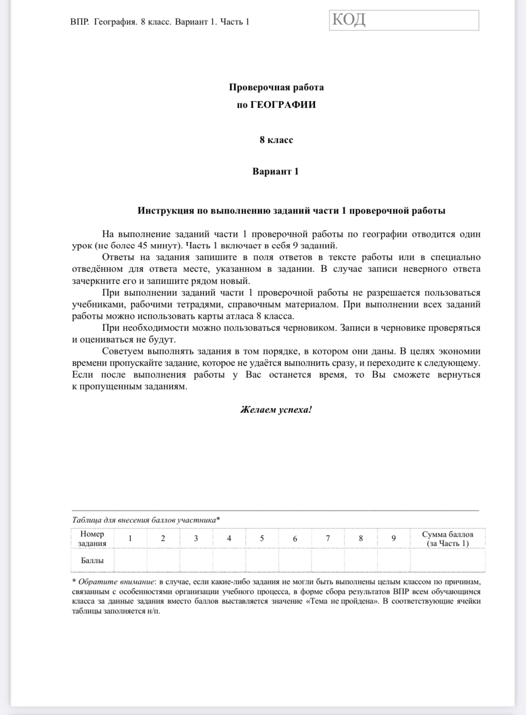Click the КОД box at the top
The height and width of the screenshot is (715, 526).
click(404, 21)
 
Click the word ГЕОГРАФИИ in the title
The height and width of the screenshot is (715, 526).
click(283, 105)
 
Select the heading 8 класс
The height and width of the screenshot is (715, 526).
click(276, 140)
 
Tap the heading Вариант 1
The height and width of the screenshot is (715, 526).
click(275, 172)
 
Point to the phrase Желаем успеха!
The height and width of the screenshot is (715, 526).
click(276, 410)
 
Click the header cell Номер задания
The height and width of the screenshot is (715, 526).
click(92, 539)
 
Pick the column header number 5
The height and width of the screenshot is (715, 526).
click(262, 539)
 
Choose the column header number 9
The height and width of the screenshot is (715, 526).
click(393, 539)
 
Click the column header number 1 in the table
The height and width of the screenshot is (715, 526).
click(130, 539)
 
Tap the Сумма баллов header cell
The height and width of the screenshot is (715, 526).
click(447, 539)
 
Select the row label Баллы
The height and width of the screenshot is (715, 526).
click(92, 561)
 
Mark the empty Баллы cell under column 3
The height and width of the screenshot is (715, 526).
click(196, 561)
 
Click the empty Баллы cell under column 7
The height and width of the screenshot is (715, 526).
click(328, 561)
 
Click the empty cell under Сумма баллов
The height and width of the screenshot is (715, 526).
click(447, 561)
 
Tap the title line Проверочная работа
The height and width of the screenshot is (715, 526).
click(276, 87)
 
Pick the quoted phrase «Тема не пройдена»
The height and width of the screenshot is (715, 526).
click(341, 602)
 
